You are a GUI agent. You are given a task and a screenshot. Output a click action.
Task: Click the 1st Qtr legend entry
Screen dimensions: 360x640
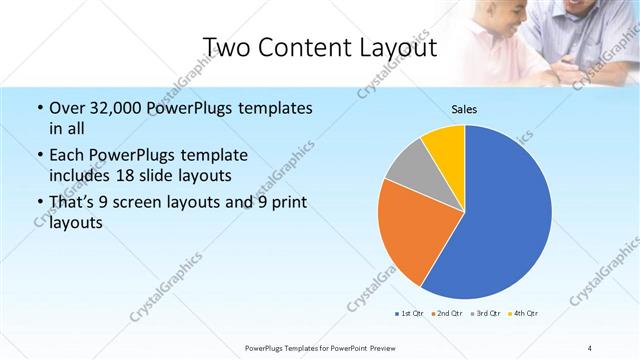click(x=408, y=314)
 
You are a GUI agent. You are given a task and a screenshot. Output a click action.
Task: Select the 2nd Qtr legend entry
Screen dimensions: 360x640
click(x=445, y=314)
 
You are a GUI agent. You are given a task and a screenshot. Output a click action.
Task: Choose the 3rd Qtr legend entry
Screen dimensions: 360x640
click(x=483, y=314)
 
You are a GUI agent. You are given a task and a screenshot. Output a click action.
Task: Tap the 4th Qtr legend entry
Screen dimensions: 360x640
click(x=522, y=314)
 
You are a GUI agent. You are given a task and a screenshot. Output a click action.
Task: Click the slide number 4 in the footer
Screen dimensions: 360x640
click(x=590, y=347)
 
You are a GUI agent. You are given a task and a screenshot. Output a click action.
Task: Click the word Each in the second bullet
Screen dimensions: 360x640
click(x=67, y=156)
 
